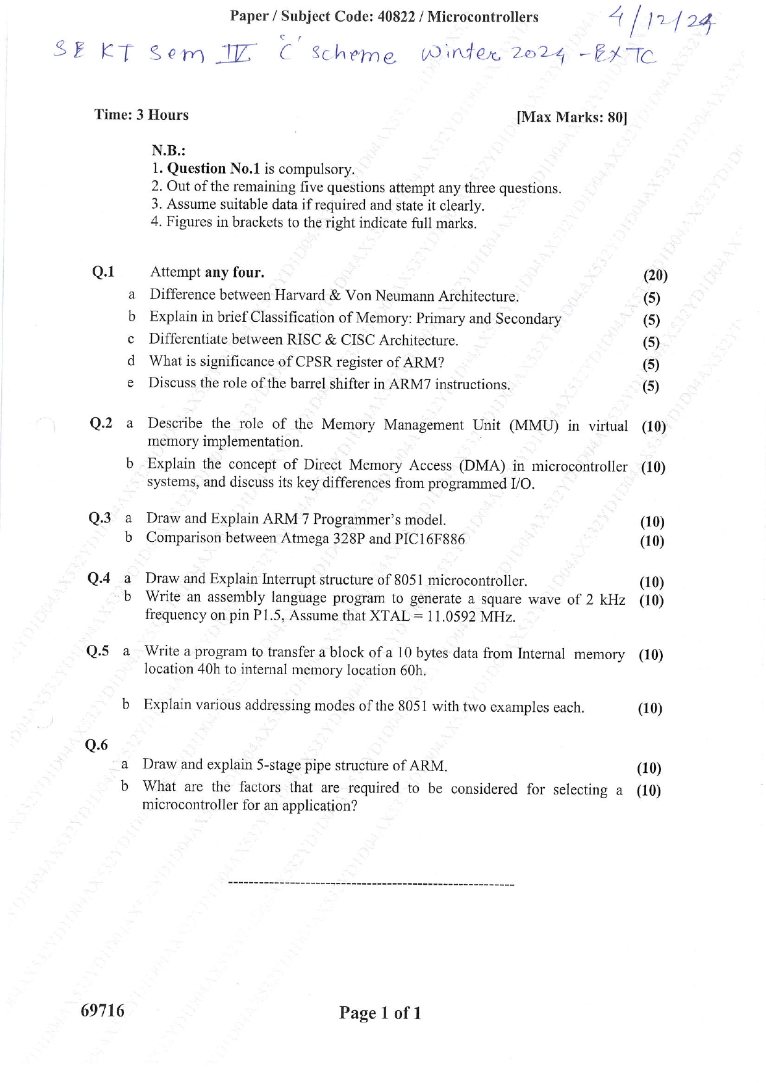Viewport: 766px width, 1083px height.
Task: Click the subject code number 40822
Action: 395,17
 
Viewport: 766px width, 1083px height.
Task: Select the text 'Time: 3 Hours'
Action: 141,115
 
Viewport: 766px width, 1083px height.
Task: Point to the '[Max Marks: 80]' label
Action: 571,117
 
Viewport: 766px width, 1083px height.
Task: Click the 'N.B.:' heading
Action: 169,151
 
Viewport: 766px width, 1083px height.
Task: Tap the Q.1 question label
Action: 103,272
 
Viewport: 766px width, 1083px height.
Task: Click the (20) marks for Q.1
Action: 655,276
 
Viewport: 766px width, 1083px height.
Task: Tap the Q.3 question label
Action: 100,518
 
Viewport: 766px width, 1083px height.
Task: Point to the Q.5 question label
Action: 98,651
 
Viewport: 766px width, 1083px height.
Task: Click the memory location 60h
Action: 412,670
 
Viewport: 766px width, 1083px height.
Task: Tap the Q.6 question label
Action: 96,745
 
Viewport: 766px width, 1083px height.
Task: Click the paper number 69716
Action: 103,1010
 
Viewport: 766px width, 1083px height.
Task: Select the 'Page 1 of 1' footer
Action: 380,1013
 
